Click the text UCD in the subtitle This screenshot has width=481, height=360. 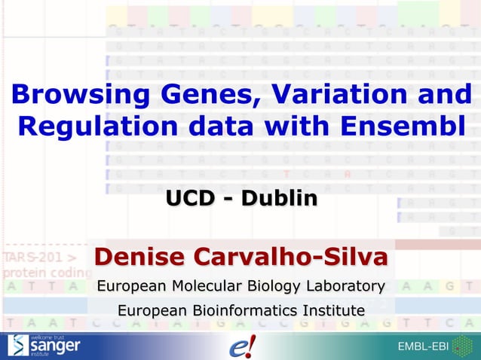coord(191,199)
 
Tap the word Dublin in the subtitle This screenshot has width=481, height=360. coord(279,199)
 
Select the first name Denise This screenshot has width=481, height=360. coord(139,257)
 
